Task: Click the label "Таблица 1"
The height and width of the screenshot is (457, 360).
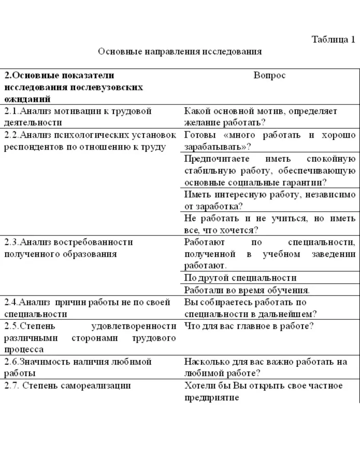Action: tap(333, 40)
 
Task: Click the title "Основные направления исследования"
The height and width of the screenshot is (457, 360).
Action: tap(180, 51)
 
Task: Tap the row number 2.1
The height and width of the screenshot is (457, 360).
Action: tap(11, 111)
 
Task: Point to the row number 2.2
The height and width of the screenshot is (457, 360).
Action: tap(11, 135)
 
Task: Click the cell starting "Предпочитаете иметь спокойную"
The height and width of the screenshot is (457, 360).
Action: tap(270, 171)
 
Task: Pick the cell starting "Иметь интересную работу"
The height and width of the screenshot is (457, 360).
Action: tap(270, 200)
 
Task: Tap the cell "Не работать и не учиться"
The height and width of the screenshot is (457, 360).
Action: tap(270, 224)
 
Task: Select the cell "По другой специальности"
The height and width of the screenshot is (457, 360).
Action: tap(240, 278)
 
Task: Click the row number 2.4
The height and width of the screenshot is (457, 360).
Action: tap(11, 302)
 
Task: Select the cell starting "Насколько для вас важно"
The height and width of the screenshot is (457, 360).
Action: tap(266, 367)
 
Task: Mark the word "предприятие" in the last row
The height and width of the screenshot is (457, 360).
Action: tap(212, 398)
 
